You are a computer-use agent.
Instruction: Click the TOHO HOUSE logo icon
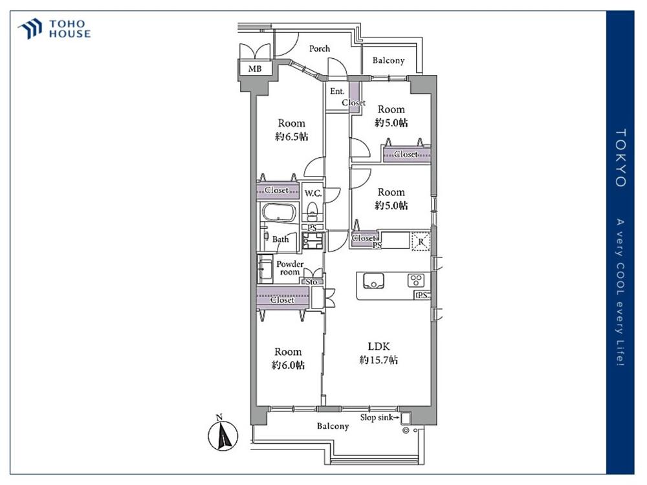(x=30, y=29)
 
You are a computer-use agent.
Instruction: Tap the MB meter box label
(x=254, y=69)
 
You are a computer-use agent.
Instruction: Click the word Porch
(x=320, y=48)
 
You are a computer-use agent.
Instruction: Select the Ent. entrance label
(x=337, y=91)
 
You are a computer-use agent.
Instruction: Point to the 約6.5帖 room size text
(x=291, y=136)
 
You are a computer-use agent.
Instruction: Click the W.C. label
(x=313, y=193)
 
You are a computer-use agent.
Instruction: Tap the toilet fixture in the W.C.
(x=313, y=211)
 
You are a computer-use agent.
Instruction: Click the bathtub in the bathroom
(x=278, y=213)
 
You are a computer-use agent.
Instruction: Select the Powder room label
(x=290, y=268)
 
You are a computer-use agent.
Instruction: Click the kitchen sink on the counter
(x=373, y=281)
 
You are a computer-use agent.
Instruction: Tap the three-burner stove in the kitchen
(x=415, y=281)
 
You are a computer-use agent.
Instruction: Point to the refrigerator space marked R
(x=421, y=241)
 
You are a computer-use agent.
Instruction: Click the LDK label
(x=378, y=347)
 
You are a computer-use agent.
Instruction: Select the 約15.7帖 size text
(x=378, y=360)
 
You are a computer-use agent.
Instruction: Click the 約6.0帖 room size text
(x=288, y=365)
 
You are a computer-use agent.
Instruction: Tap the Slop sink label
(x=377, y=417)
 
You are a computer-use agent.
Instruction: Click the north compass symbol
(x=223, y=435)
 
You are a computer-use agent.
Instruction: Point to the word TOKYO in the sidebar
(x=620, y=158)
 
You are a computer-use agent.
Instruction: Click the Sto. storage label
(x=312, y=282)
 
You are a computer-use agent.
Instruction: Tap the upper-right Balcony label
(x=388, y=60)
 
